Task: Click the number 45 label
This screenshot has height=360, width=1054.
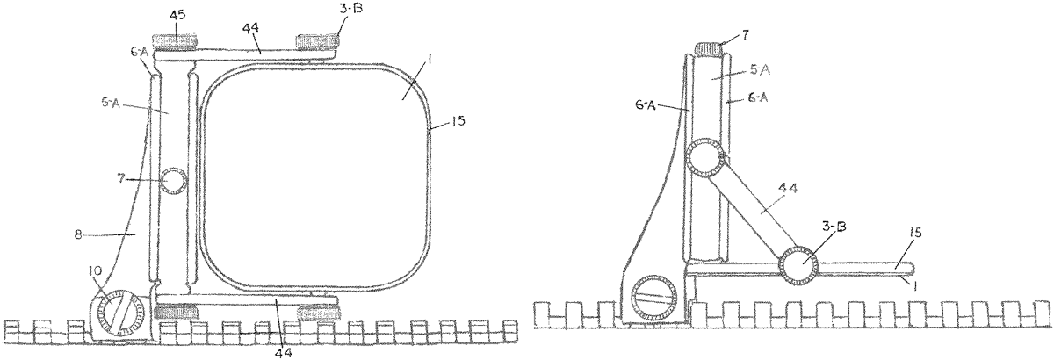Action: point(177,15)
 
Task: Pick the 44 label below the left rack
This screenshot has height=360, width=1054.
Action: point(285,352)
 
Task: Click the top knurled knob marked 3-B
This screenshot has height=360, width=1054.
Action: point(318,41)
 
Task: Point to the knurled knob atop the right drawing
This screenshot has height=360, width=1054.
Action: point(708,48)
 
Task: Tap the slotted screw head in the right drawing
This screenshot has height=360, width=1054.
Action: point(654,298)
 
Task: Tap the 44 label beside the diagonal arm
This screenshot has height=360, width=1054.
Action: point(788,188)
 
